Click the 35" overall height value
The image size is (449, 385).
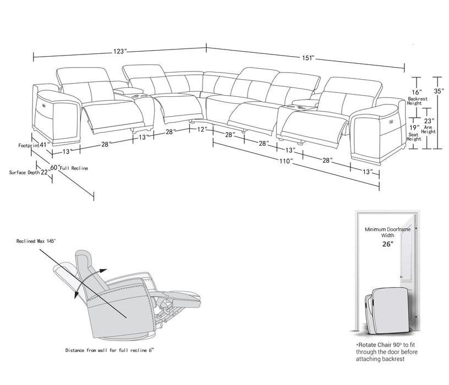(x=439, y=92)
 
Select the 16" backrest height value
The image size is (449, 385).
(x=417, y=92)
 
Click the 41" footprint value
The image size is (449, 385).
(x=45, y=145)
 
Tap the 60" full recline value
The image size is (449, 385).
(x=54, y=167)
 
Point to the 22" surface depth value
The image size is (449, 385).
(x=45, y=172)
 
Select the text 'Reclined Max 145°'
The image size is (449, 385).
(x=36, y=241)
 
